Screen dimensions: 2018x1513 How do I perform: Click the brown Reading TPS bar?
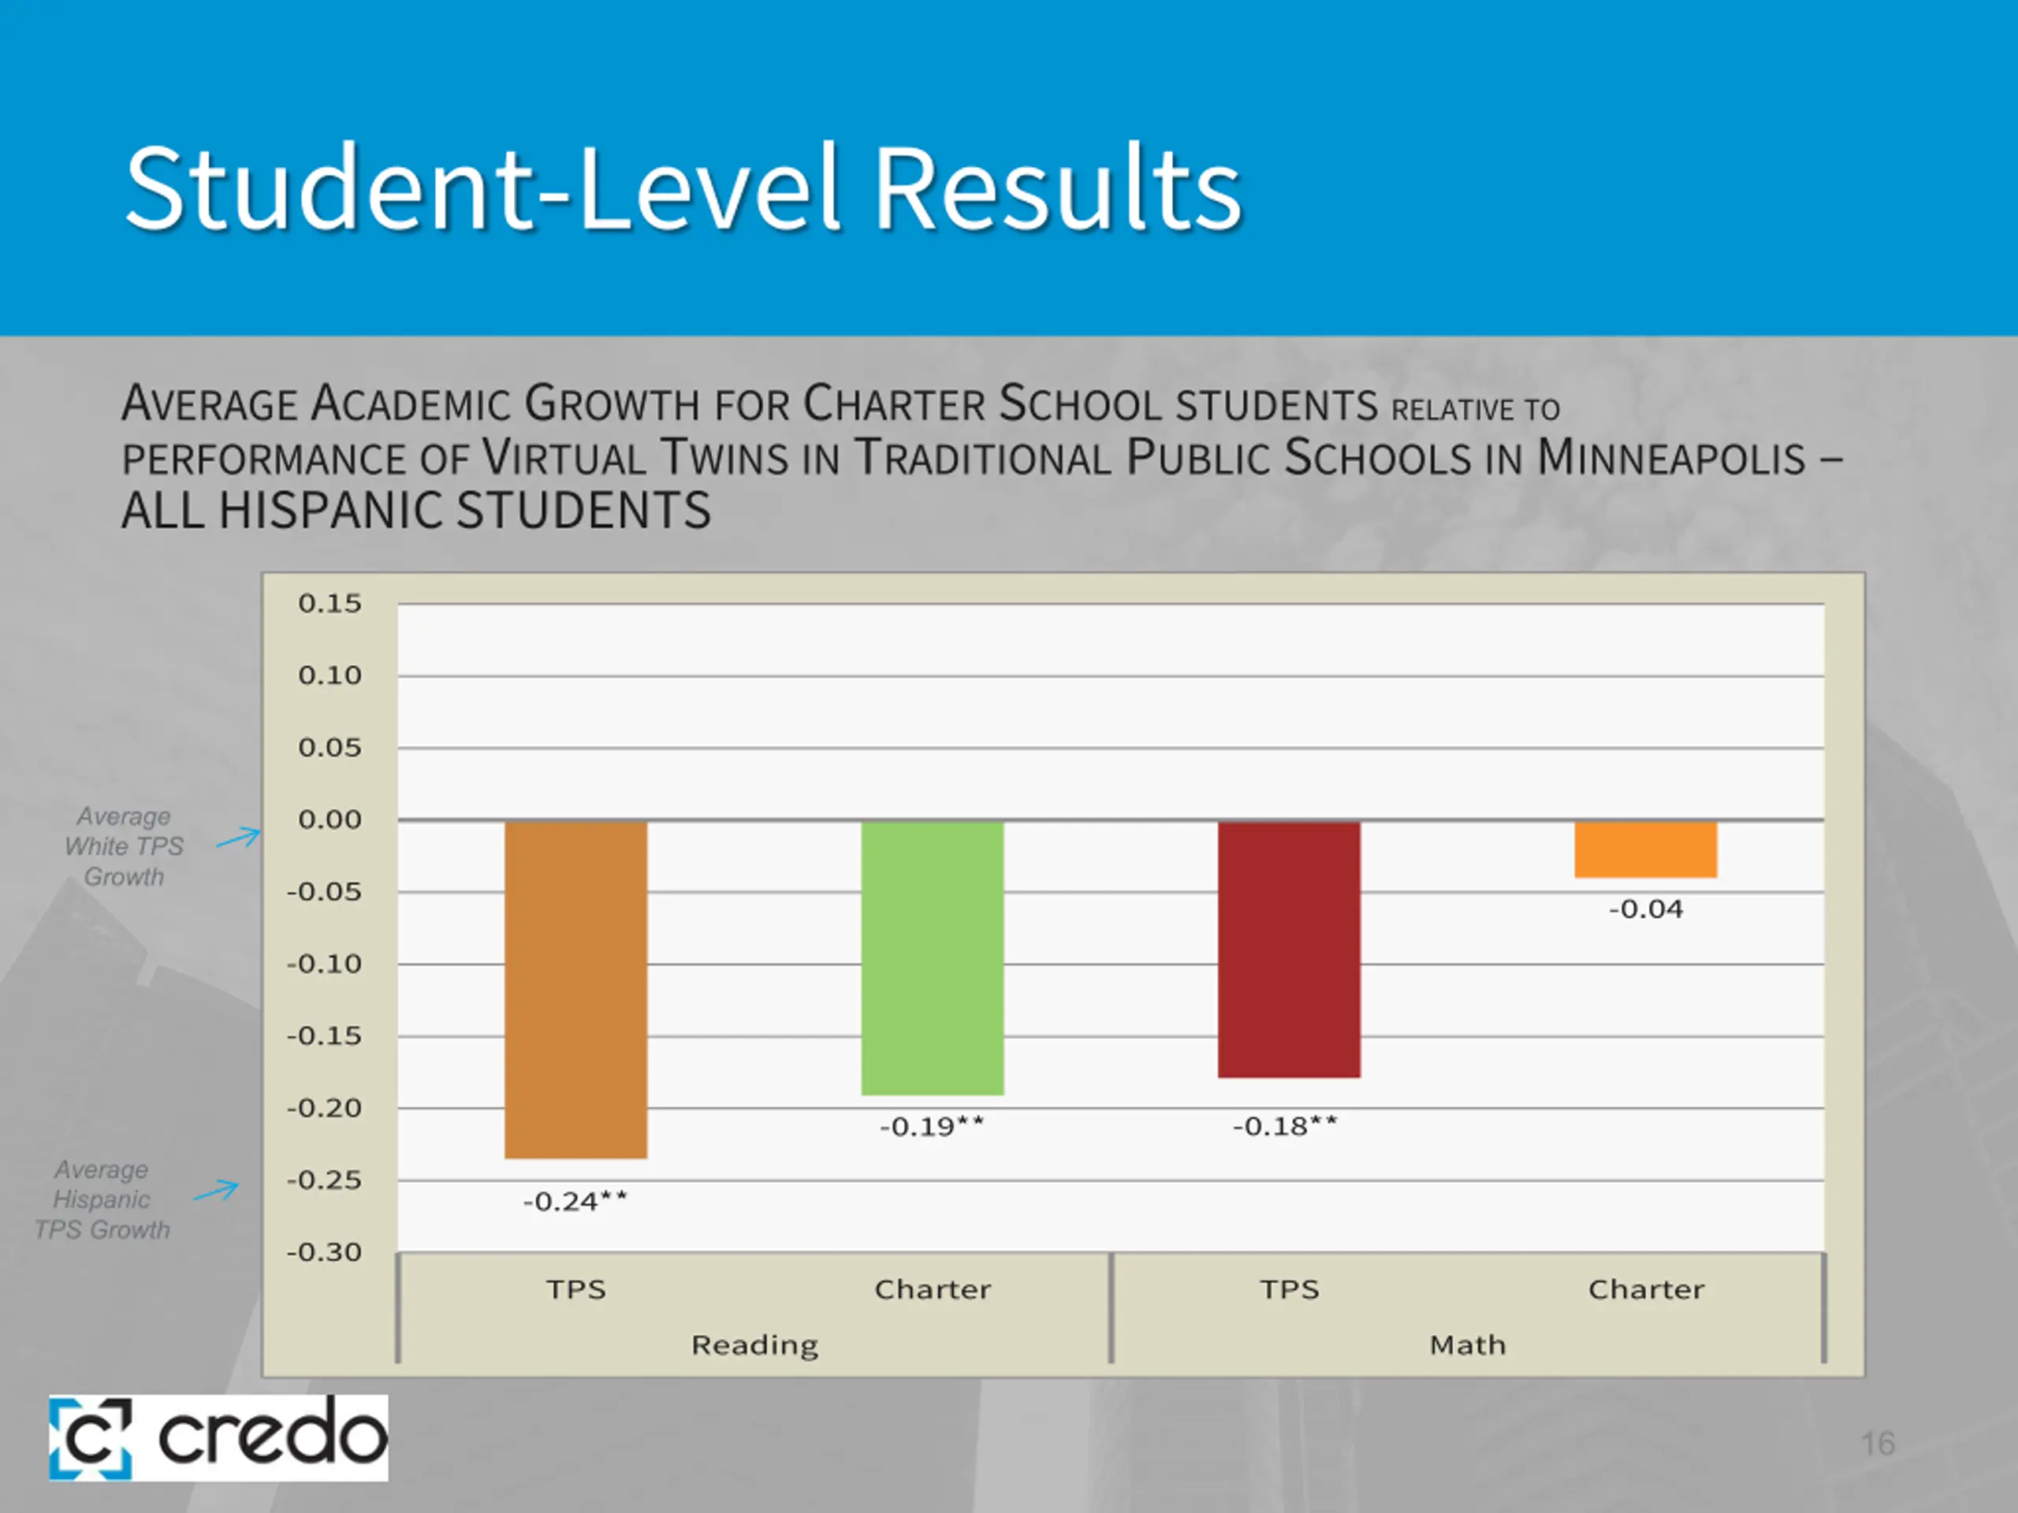point(575,990)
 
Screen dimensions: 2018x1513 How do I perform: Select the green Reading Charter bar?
point(933,957)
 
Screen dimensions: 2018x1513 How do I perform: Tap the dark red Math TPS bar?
point(1289,950)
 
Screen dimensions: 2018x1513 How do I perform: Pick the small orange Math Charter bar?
point(1646,849)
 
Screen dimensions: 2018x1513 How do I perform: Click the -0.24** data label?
point(575,1201)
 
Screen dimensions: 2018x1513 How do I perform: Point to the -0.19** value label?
point(933,1126)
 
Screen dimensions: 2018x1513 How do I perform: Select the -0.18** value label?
point(1285,1126)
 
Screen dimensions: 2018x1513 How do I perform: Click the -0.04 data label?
point(1646,909)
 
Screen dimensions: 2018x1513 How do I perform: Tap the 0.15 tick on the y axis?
point(330,604)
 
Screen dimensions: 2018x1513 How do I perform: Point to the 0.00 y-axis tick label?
point(330,820)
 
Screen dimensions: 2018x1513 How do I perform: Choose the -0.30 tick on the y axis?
point(324,1252)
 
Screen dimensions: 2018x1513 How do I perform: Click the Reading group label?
point(754,1345)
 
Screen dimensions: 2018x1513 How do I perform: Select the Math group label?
point(1468,1345)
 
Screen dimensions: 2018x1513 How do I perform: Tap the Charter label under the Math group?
point(1646,1289)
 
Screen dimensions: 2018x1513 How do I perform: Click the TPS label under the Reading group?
point(575,1289)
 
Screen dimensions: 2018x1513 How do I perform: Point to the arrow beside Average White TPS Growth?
point(238,837)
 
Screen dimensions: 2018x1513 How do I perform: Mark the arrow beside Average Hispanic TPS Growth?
point(216,1190)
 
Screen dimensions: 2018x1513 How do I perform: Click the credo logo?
point(218,1437)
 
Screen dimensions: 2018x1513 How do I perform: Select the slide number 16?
point(1878,1444)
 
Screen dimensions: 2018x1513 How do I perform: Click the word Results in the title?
point(1058,189)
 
